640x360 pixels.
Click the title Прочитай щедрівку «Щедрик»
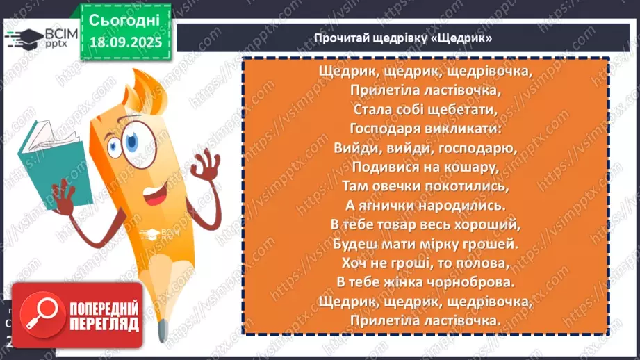[403, 38]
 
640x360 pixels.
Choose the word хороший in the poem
[491, 225]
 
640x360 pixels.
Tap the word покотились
[473, 186]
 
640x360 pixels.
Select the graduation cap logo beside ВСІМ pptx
[22, 38]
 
